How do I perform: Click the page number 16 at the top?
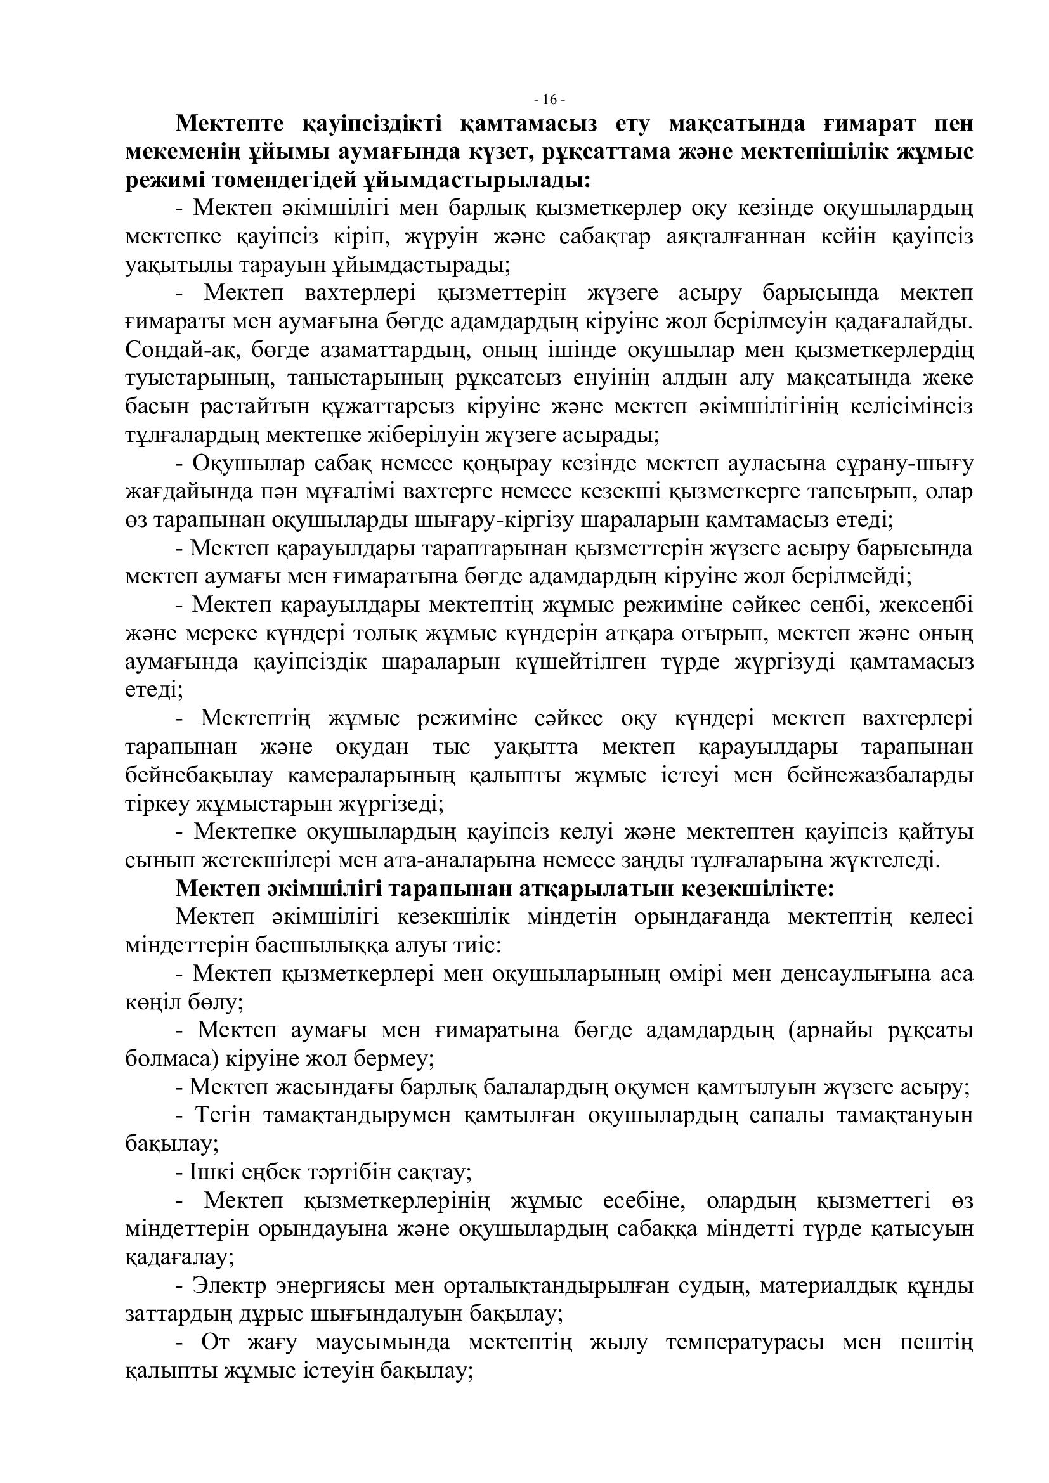click(x=551, y=100)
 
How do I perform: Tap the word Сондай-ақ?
click(x=173, y=351)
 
